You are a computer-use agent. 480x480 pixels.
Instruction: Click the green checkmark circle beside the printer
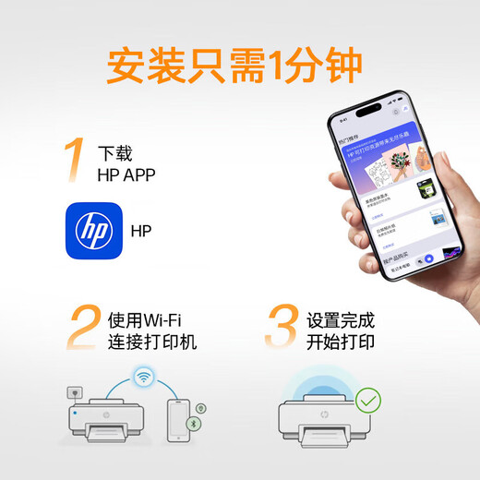[368, 401]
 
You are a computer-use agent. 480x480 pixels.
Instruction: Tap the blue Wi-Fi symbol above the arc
[143, 377]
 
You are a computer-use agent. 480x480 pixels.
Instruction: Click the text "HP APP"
[127, 174]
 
